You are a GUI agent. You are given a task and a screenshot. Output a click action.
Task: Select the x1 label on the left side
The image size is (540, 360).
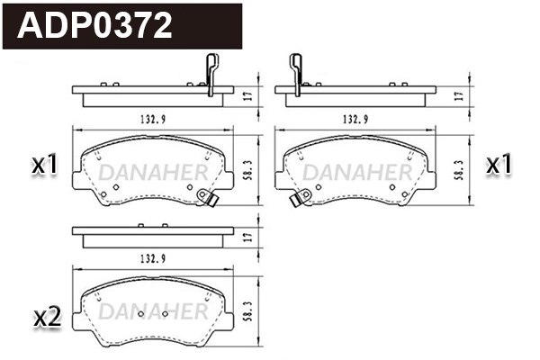click(44, 165)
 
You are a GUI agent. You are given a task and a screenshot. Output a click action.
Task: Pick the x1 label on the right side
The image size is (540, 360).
click(499, 165)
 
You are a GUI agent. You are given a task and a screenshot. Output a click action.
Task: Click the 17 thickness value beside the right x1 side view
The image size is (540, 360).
click(459, 94)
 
